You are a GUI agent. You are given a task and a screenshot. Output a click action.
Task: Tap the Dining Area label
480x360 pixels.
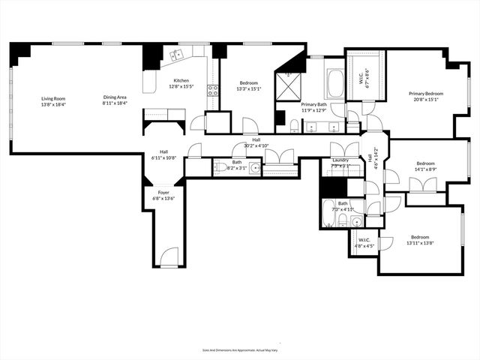[115, 97]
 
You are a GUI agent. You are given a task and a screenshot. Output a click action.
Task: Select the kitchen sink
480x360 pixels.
[178, 55]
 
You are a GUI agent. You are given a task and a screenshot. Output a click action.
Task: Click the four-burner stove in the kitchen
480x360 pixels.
[213, 91]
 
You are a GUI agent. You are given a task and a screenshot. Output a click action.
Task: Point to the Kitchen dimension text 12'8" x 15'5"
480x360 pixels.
[181, 87]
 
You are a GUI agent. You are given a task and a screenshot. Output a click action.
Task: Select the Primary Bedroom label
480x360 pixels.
[425, 94]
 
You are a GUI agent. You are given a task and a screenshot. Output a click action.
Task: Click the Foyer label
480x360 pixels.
[163, 193]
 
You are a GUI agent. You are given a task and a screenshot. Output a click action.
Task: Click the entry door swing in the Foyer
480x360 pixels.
[169, 255]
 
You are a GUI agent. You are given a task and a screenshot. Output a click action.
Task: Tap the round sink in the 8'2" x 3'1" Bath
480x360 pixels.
[255, 167]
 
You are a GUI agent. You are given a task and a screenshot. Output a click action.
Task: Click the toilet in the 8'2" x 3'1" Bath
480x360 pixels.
[222, 167]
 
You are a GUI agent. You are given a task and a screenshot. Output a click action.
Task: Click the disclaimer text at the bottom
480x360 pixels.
[239, 349]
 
